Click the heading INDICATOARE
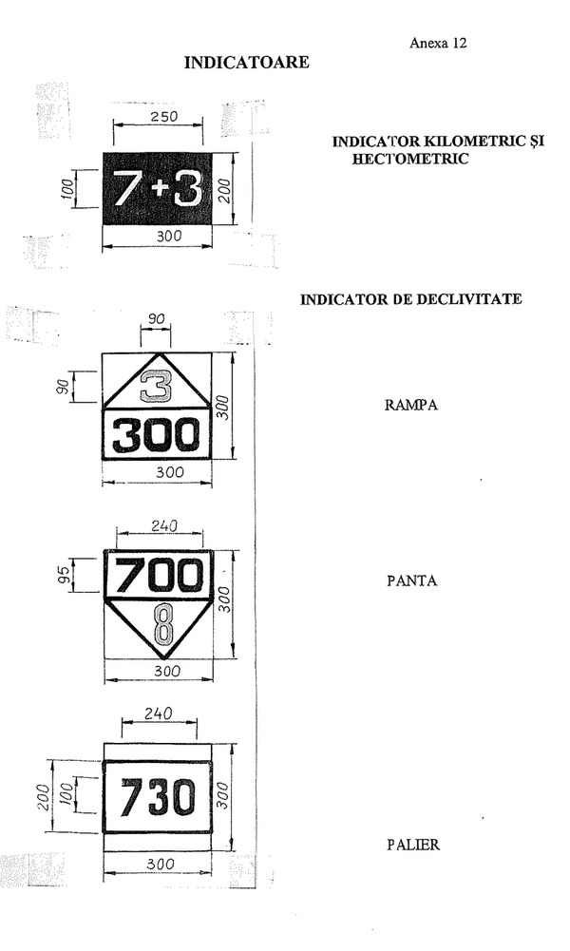246,63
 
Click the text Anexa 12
438,43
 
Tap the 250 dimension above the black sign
163,116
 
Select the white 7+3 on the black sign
158,188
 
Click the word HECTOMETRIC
410,159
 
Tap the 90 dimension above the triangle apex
156,319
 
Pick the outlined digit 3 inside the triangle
156,387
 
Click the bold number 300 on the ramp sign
156,435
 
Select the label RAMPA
411,405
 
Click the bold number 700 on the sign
159,575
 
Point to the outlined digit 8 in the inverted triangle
163,623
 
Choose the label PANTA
411,581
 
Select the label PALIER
413,845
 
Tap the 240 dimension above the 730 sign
159,713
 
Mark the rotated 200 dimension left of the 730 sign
43,797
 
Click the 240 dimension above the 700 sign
163,525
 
